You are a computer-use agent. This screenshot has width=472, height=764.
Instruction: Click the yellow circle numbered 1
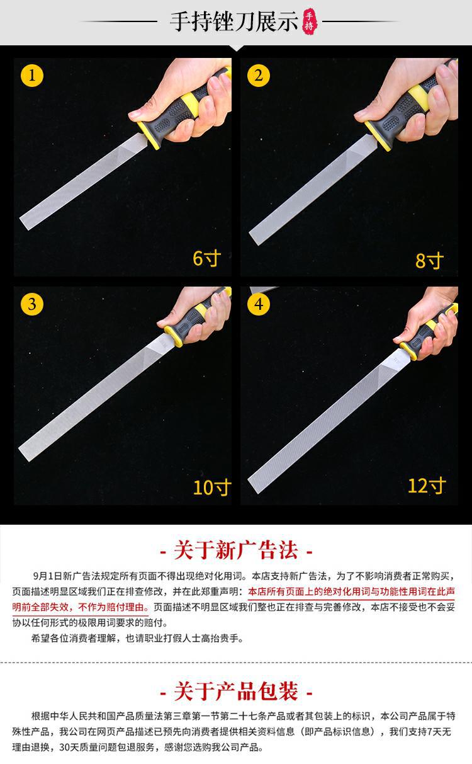pos(32,76)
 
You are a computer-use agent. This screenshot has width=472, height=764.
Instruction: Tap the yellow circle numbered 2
pos(259,76)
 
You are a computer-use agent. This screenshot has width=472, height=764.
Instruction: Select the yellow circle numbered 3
pos(32,304)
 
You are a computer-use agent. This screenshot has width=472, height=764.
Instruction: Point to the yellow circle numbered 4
pos(259,304)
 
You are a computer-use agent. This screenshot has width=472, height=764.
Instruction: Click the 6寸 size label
pos(206,258)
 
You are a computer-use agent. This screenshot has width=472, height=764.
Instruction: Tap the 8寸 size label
pos(429,261)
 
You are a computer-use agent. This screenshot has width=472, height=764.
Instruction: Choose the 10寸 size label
pos(212,487)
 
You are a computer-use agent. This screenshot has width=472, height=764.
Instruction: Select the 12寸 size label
pos(427,486)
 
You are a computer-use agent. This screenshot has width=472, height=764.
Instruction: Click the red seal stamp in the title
pos(310,21)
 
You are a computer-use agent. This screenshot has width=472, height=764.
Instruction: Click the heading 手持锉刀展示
pos(234,21)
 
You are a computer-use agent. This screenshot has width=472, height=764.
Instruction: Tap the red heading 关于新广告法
pos(236,550)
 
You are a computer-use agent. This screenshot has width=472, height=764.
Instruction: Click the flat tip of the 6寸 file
pos(25,223)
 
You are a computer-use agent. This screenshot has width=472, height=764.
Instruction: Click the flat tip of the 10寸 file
pos(24,454)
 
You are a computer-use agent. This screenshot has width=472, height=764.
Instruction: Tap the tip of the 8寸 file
pos(254,238)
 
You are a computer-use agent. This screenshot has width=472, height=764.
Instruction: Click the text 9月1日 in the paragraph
pos(48,576)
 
